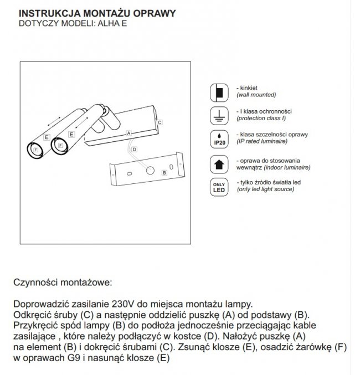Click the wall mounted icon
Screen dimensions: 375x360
point(218,91)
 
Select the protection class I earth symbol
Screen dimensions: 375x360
point(218,115)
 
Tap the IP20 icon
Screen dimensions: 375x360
point(218,138)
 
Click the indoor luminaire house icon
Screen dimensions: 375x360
point(218,163)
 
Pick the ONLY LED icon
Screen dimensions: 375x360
point(218,187)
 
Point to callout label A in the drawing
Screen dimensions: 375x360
point(128,133)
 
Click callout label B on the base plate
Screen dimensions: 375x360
point(164,173)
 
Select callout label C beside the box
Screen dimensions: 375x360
point(160,121)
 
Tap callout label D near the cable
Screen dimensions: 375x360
point(135,150)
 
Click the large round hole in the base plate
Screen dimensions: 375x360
point(150,171)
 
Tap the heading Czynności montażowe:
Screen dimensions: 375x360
point(62,282)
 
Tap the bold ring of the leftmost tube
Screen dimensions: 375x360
point(36,150)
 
